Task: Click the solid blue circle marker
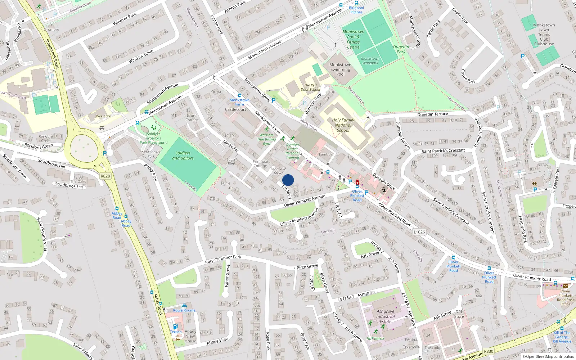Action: point(288,180)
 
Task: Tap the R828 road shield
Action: point(105,176)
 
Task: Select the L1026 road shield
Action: point(419,232)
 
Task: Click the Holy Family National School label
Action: point(343,125)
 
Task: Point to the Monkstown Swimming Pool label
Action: point(340,69)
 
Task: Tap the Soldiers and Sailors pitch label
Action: point(183,156)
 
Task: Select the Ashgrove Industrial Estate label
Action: point(385,316)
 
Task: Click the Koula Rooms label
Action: point(184,310)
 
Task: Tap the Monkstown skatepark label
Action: point(370,60)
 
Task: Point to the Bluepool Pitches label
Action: point(356,10)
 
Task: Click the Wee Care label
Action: point(103,116)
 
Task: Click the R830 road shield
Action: point(489,351)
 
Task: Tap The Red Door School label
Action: point(310,87)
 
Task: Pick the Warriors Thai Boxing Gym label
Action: point(266,139)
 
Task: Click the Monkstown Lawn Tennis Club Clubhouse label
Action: point(544,35)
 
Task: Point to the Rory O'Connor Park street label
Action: point(223,259)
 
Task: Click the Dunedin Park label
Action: point(401,49)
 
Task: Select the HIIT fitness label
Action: point(375,338)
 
